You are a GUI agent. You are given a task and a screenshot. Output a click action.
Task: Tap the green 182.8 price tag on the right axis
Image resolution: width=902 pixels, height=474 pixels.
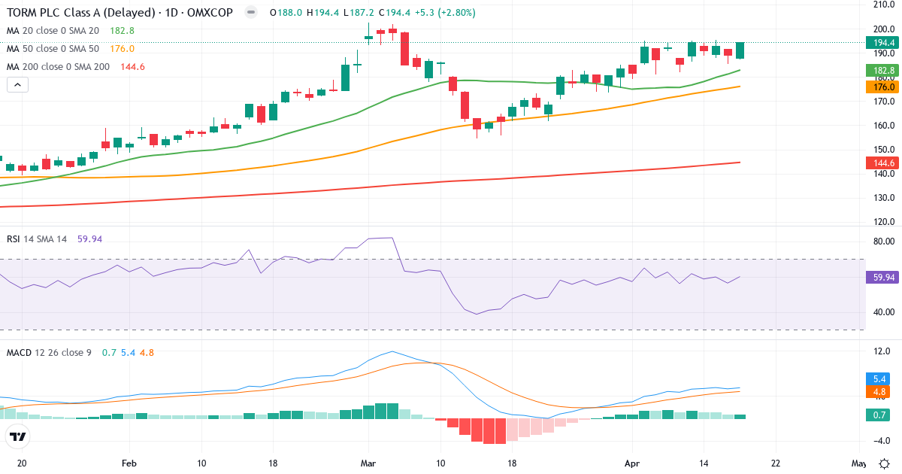(880, 70)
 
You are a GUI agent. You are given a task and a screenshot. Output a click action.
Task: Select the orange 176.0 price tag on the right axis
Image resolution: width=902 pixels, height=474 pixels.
(880, 87)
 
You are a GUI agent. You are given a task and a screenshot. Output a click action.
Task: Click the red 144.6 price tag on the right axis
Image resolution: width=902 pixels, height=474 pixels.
(880, 163)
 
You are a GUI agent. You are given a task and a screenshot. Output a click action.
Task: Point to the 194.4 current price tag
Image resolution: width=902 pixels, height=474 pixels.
(880, 43)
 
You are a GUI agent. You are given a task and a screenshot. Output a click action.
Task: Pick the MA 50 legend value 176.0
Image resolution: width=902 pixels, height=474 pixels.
(122, 49)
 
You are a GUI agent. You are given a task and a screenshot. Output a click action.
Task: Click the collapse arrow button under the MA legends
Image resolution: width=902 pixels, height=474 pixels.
(17, 85)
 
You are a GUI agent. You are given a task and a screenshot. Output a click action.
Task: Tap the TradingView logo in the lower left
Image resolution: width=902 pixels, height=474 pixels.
(18, 436)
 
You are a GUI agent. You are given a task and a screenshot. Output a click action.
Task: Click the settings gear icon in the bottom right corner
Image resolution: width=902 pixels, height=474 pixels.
(885, 463)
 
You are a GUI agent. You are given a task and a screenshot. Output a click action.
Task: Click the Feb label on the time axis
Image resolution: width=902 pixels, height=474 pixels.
(129, 463)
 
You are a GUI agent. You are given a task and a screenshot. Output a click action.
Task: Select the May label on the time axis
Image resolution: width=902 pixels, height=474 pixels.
(859, 463)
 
